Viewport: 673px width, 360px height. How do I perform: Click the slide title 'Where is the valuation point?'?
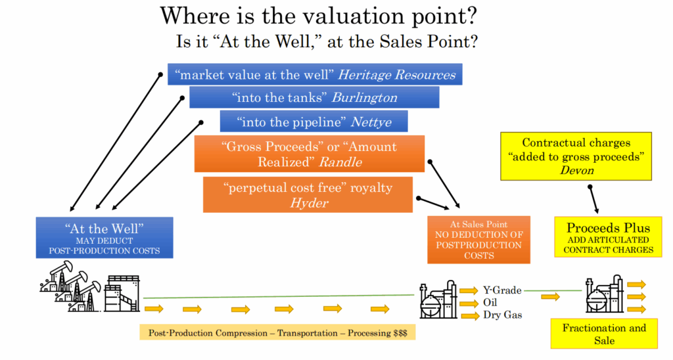coord(319,16)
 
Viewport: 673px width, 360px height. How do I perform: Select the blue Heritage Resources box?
coord(315,74)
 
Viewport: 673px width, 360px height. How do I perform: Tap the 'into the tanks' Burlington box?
coord(314,97)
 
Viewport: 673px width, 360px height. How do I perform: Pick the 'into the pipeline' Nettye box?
coord(313,122)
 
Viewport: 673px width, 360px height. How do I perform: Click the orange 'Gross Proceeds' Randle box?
coord(310,154)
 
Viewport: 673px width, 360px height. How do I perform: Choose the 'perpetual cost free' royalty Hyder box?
coord(308,195)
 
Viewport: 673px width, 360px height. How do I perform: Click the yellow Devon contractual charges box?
coord(576,156)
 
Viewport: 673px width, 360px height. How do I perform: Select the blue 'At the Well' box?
coord(104,238)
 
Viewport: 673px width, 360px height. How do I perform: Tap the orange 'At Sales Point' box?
coord(478,239)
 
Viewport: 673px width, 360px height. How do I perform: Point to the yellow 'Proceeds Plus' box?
coord(608,237)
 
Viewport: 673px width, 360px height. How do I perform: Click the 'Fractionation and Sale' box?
coord(604,334)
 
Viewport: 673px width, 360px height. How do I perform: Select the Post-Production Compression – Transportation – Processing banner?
coord(277,332)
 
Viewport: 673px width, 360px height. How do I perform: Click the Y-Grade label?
coord(502,290)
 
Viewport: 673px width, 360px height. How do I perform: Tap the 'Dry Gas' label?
coord(503,315)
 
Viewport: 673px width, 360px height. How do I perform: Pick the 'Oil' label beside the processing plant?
coord(490,302)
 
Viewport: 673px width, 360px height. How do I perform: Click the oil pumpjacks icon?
coord(70,286)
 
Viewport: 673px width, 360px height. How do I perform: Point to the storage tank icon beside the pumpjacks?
coord(122,294)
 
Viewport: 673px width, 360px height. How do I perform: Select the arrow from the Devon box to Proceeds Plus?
coord(593,200)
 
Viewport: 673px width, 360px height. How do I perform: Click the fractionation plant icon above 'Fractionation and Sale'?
coord(605,294)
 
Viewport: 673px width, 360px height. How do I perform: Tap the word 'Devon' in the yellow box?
coord(576,170)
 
